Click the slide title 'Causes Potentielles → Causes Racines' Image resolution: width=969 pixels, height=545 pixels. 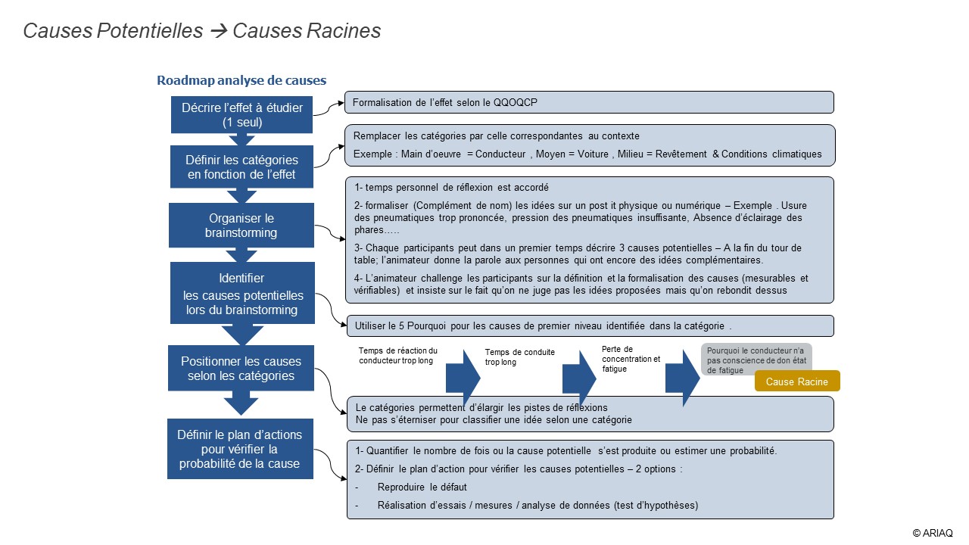(202, 31)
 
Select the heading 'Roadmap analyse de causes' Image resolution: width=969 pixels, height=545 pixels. (241, 80)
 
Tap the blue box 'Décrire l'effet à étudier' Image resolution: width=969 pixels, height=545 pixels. (241, 115)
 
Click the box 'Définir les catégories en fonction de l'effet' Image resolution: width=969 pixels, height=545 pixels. (241, 167)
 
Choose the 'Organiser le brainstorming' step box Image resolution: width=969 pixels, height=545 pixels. (241, 226)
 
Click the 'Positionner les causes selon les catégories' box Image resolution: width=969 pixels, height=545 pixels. (241, 369)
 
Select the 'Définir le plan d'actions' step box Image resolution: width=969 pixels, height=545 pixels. (239, 449)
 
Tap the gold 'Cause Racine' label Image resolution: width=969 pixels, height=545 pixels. (796, 381)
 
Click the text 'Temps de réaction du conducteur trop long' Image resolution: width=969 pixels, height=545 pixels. (398, 356)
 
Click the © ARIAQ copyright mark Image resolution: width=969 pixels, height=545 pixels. (933, 533)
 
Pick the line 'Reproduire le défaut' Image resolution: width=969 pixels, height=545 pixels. (422, 487)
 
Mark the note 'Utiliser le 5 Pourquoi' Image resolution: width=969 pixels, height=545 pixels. (543, 326)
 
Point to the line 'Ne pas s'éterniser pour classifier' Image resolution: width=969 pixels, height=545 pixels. (494, 420)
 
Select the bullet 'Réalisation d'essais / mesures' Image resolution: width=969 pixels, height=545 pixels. (537, 505)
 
